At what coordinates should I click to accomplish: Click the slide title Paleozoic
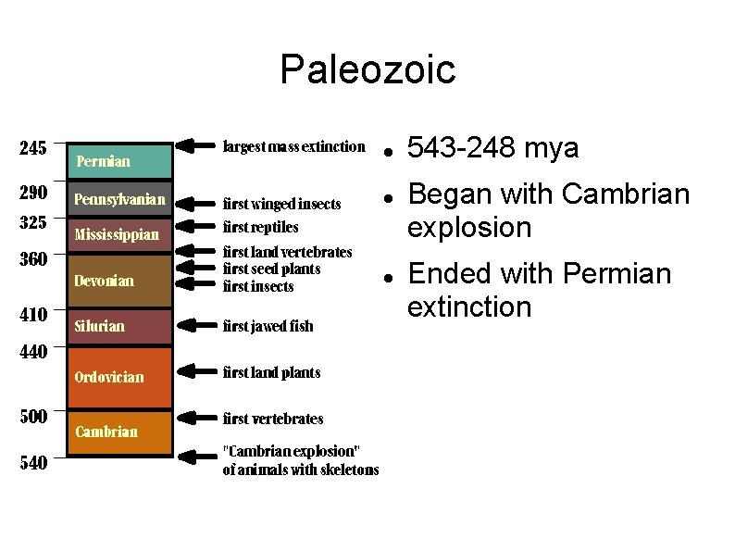pos(367,69)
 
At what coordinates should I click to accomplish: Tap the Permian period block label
pos(103,161)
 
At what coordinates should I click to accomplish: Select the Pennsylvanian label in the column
pos(119,199)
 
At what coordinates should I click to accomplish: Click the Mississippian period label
pos(117,234)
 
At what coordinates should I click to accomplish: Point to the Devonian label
pos(104,281)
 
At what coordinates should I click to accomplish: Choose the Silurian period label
pos(99,326)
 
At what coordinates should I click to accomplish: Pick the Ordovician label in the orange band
pos(109,377)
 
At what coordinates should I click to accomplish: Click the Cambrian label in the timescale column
pos(106,432)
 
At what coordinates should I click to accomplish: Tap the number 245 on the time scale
pos(33,147)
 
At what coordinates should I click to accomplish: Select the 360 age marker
pos(33,259)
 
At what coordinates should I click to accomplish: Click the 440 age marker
pos(33,352)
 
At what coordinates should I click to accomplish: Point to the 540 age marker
pos(33,463)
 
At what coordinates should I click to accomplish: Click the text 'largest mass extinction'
pos(294,146)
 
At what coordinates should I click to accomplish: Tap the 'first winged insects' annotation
pos(281,204)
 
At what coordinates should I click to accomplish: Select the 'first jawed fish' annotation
pos(268,326)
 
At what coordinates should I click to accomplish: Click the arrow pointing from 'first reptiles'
pos(194,226)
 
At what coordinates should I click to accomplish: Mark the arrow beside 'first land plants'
pos(194,371)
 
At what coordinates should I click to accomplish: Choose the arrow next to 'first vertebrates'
pos(194,418)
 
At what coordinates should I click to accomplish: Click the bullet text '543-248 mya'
pos(493,148)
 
